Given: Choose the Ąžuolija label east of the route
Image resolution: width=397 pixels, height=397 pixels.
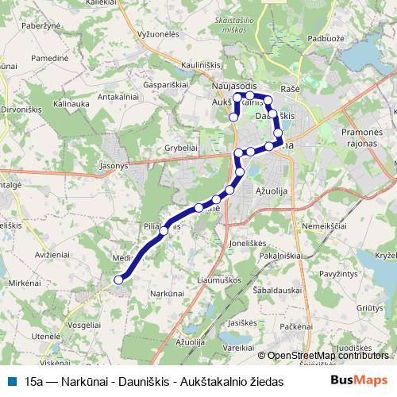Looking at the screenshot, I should (x=272, y=191).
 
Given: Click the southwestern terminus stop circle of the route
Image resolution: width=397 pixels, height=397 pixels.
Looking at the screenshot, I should (x=118, y=279).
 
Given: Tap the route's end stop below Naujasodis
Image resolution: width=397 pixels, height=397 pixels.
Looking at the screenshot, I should (x=233, y=118).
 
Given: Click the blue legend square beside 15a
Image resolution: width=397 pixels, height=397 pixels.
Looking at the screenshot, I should (x=11, y=380).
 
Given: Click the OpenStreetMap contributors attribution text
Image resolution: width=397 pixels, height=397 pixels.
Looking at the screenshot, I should (x=326, y=356).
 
